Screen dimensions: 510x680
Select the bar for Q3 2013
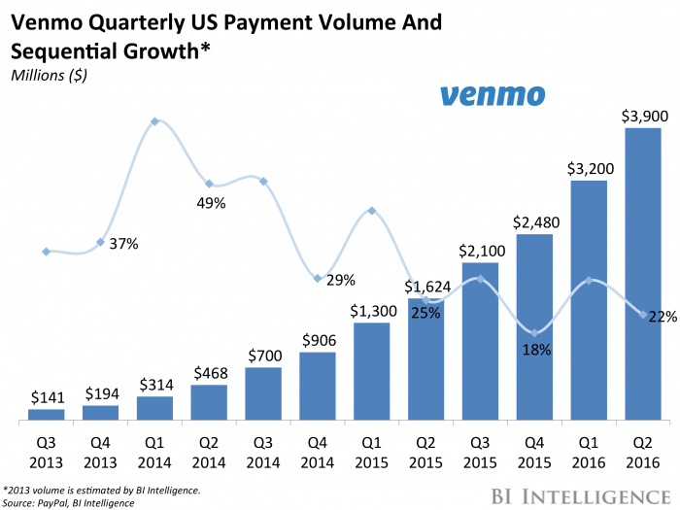tap(47, 415)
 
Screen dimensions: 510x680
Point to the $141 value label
tap(46, 396)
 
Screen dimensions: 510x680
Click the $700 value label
tap(263, 356)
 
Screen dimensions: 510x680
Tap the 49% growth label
tap(211, 203)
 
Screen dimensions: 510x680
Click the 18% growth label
tap(536, 349)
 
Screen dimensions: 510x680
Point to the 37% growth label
tap(123, 244)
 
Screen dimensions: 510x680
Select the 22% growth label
tap(663, 316)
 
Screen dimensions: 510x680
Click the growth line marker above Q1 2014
tap(155, 121)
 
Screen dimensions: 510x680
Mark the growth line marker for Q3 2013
tap(47, 252)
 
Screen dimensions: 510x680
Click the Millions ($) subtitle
tap(46, 77)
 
